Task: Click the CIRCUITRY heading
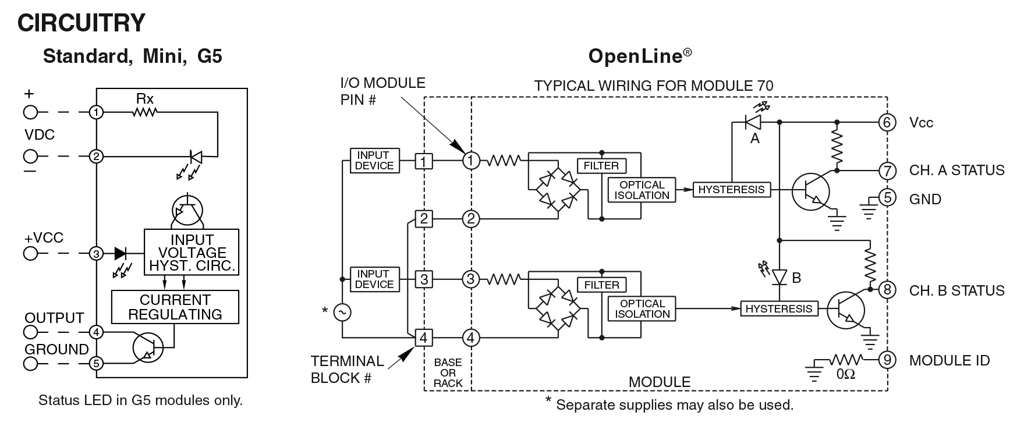81,23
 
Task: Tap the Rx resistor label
145,100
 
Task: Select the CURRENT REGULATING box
175,307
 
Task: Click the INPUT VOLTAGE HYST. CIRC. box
192,253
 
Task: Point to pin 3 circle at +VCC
97,253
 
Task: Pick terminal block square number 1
424,161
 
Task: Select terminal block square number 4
424,338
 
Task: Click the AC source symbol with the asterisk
342,313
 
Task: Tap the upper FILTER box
601,166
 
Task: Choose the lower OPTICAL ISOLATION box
642,308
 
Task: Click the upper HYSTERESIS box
731,190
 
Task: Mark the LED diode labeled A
754,122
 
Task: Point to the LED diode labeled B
779,278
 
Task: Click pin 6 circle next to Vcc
887,122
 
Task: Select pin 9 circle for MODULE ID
887,360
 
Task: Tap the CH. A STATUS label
956,171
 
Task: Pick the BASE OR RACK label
448,372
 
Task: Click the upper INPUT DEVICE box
374,160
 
